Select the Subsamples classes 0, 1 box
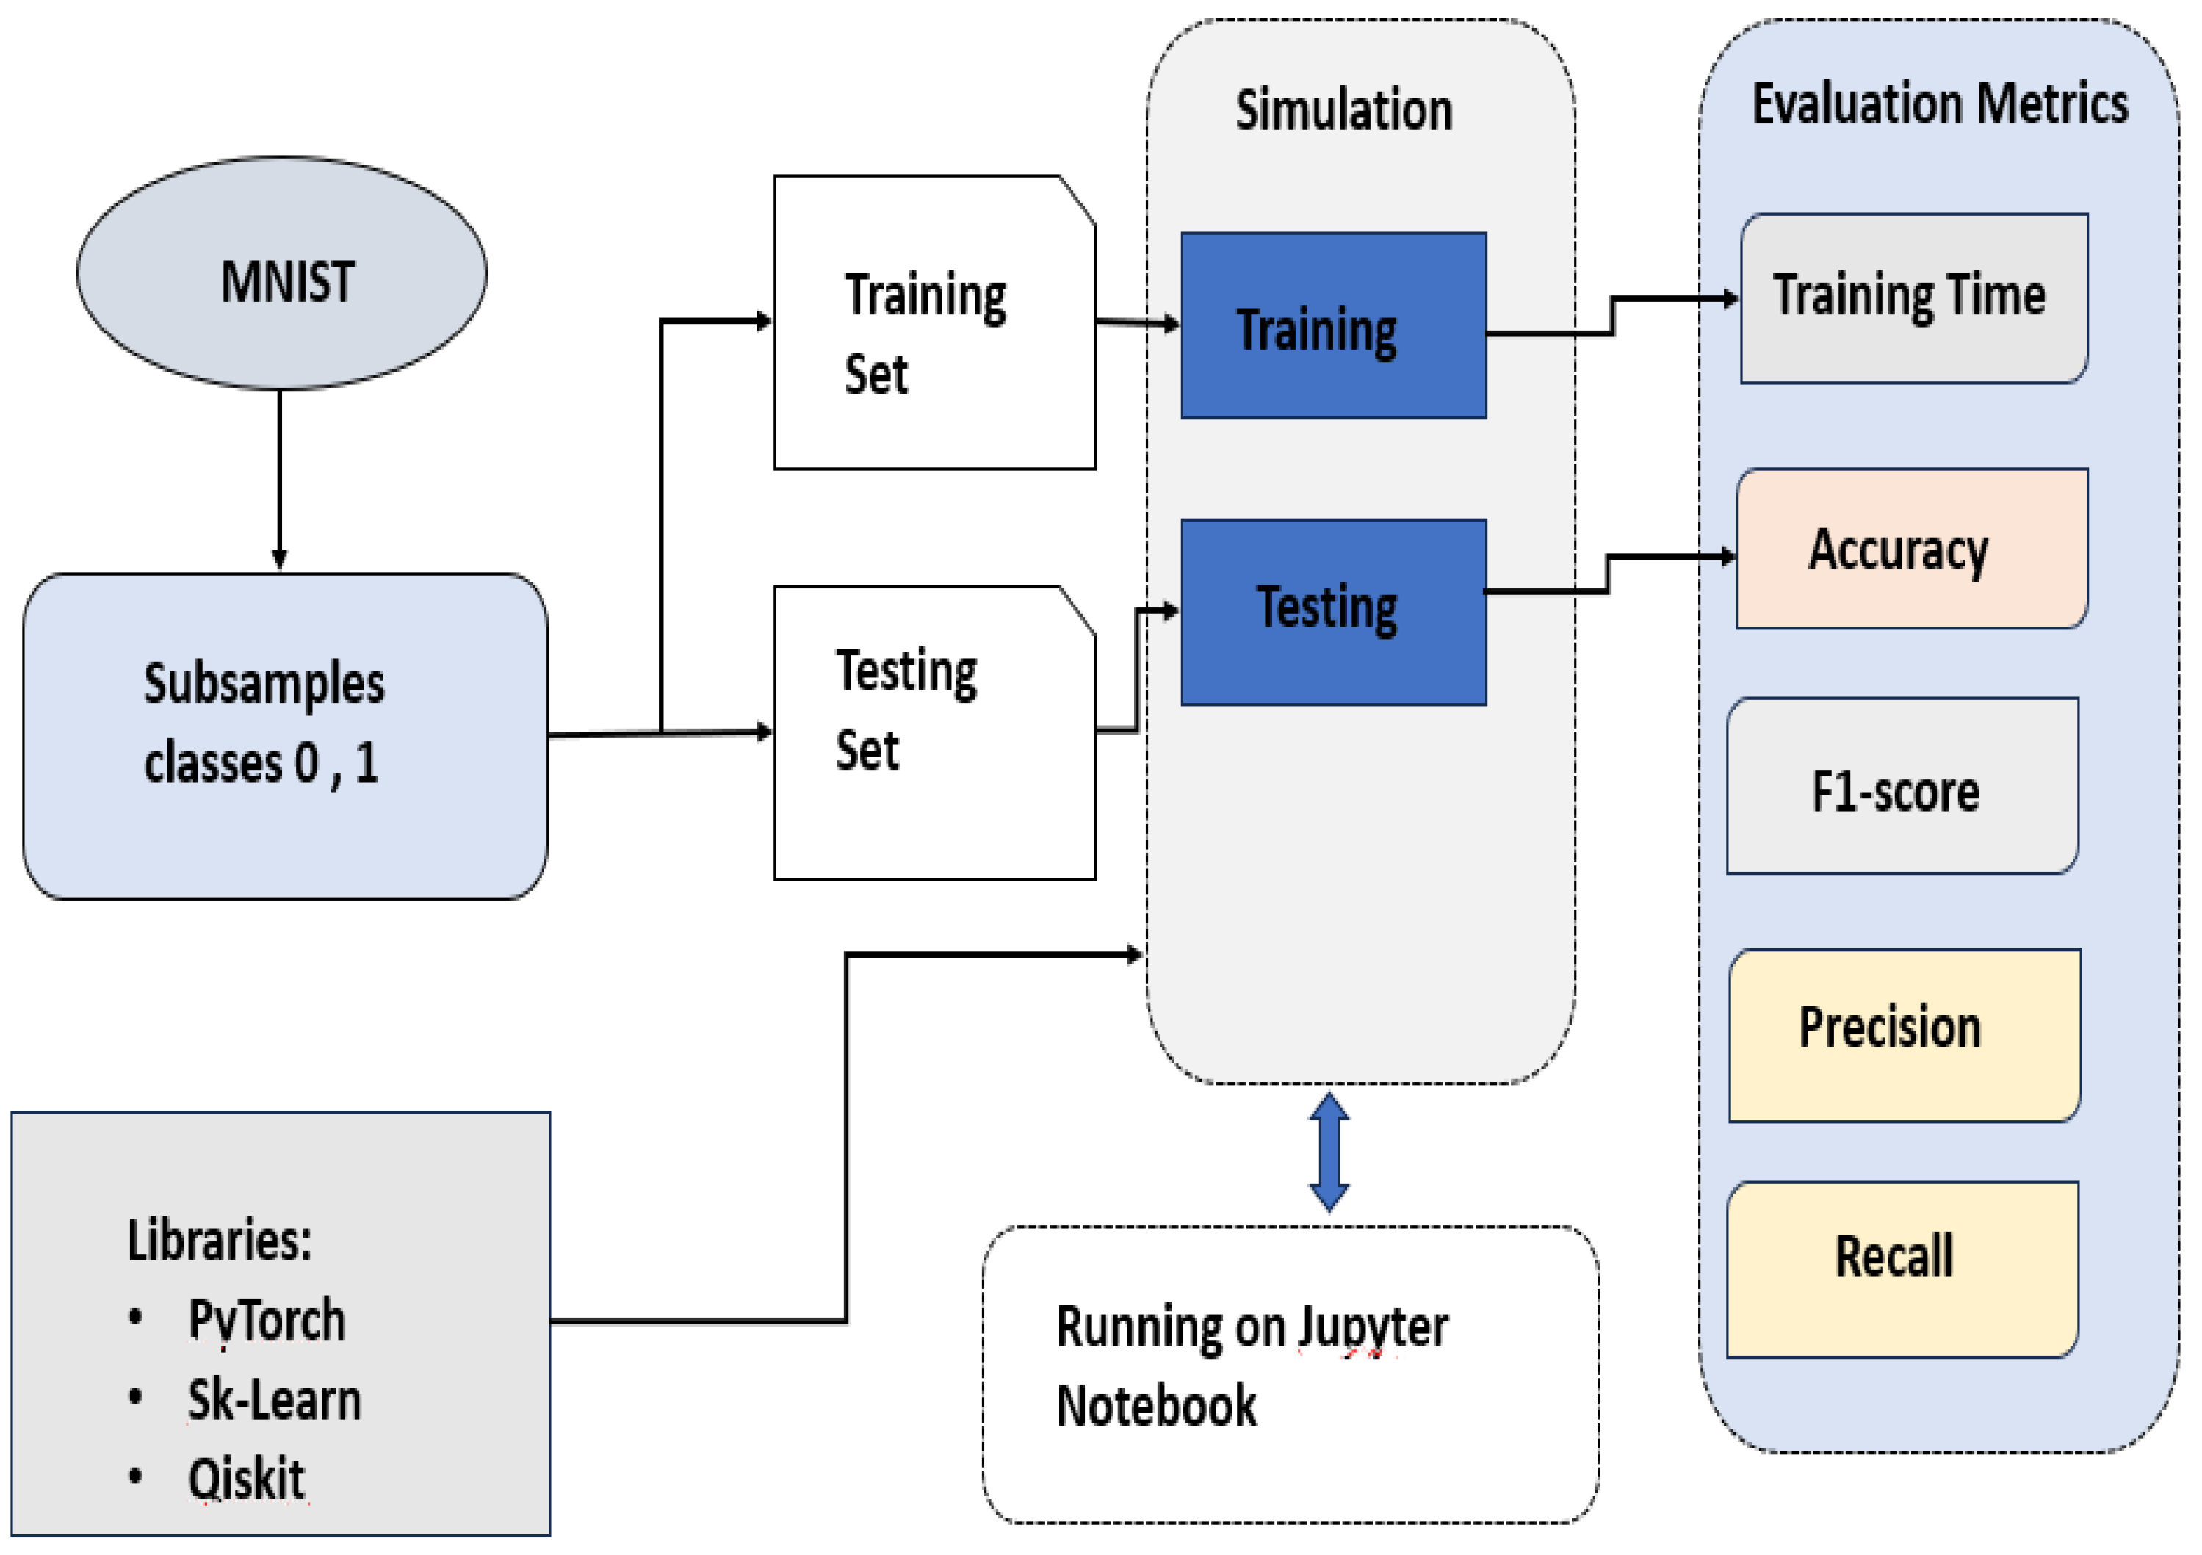285,736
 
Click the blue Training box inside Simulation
1333,326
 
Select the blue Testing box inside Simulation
1333,612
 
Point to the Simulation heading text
1343,110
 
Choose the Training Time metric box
1913,298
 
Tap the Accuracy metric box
1910,549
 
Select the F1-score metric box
1902,787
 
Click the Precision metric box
1904,1034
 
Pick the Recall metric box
1902,1269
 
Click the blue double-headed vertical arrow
1329,1152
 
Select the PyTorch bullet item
266,1320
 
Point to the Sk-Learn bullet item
273,1399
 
